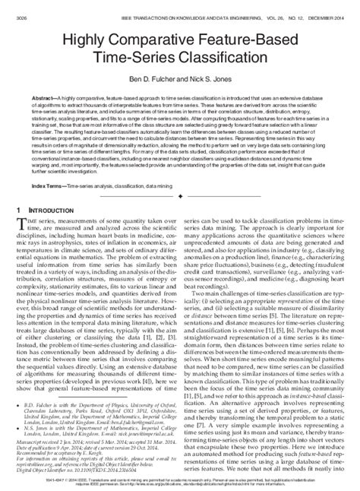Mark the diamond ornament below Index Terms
(x=179, y=195)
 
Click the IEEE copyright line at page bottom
(x=179, y=480)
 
